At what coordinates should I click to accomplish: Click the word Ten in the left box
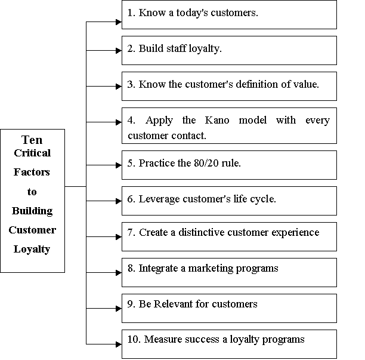click(32, 140)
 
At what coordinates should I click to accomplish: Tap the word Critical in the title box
click(32, 153)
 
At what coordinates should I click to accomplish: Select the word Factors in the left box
click(32, 172)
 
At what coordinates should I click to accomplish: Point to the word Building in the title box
click(32, 211)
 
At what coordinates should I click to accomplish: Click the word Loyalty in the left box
click(32, 250)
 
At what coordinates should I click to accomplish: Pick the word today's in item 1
click(192, 13)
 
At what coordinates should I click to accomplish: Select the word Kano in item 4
click(217, 120)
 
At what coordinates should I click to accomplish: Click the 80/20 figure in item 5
click(206, 163)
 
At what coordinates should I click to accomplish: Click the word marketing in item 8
click(211, 269)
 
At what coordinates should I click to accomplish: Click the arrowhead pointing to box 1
click(119, 22)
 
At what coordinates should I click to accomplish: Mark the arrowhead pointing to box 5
click(119, 165)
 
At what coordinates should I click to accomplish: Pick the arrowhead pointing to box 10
click(119, 344)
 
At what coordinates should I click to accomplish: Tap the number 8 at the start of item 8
click(131, 269)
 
